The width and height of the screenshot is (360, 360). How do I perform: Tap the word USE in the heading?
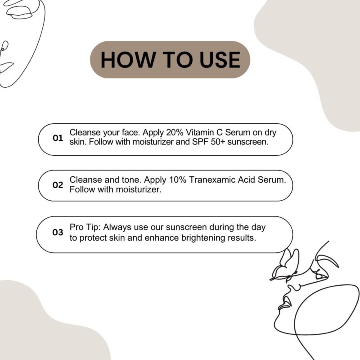click(220, 60)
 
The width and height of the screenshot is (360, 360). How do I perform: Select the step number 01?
click(58, 138)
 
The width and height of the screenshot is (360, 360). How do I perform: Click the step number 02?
click(58, 185)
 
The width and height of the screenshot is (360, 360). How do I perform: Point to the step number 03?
click(58, 232)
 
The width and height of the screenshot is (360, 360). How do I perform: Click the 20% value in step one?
click(175, 132)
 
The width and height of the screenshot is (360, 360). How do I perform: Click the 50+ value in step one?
click(218, 142)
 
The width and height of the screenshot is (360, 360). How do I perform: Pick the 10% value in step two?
click(178, 180)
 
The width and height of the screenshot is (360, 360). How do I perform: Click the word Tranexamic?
click(212, 180)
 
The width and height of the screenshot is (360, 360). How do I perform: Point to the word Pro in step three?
click(76, 227)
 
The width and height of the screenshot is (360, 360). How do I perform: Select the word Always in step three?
click(117, 228)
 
